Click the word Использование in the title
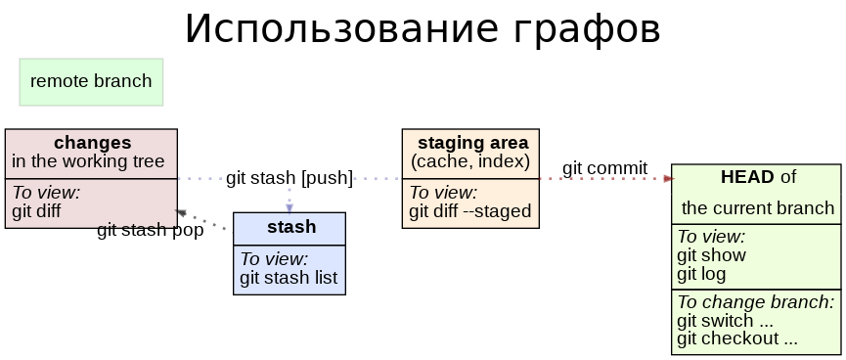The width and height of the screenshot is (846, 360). (340, 28)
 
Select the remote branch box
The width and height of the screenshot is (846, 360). (91, 82)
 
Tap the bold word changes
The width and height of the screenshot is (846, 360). (92, 143)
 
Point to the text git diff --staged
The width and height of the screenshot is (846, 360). (469, 211)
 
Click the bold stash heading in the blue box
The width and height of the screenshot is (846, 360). (291, 227)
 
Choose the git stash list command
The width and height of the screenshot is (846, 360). (289, 278)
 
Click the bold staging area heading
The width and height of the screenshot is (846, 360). (472, 143)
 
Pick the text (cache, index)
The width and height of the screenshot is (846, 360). (470, 161)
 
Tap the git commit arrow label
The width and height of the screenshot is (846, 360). (604, 168)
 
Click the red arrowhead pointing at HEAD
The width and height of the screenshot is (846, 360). (669, 178)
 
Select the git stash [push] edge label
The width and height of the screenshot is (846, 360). (289, 178)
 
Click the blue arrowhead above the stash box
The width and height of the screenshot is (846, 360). (289, 207)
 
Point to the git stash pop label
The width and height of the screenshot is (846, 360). (151, 230)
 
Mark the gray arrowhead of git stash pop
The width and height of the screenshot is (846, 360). (181, 213)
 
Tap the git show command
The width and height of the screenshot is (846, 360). (711, 254)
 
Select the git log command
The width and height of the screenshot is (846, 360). (701, 274)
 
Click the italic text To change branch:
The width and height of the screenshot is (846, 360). (755, 301)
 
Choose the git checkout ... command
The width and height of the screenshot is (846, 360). (737, 338)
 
